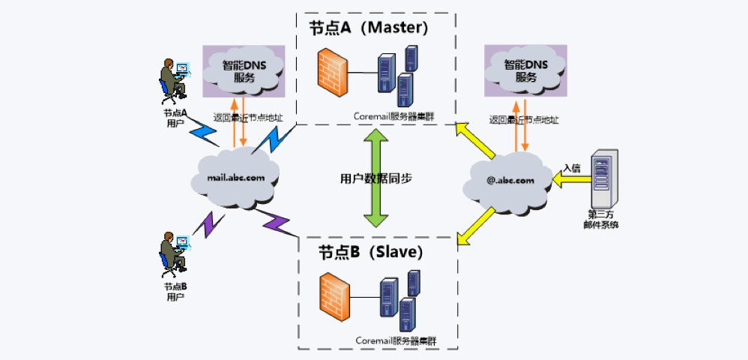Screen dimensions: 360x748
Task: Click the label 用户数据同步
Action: tap(375, 179)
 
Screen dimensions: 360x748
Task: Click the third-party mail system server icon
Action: tap(603, 179)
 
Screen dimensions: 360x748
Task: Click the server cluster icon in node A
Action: tap(397, 76)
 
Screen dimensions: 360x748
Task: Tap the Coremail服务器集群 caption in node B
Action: tap(396, 340)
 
